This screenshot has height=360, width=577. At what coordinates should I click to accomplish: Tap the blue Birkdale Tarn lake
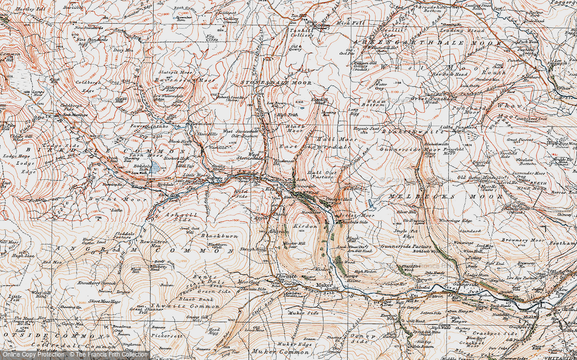[155, 167]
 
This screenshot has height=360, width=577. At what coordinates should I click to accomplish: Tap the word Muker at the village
[323, 285]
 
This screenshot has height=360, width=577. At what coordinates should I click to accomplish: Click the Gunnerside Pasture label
[402, 247]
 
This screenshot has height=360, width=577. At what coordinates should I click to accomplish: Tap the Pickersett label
[162, 335]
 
